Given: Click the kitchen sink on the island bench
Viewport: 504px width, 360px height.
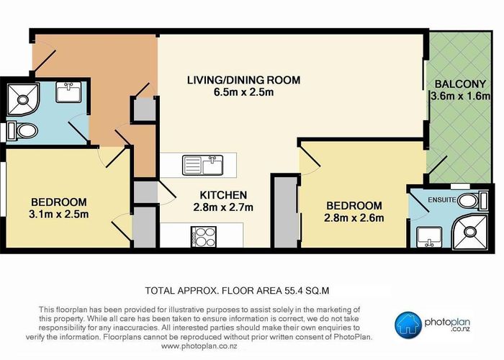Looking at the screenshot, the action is point(203,165).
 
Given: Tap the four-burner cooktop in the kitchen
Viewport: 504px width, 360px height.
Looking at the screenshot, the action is point(204,237).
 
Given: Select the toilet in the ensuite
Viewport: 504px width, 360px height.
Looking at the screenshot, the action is point(472,201).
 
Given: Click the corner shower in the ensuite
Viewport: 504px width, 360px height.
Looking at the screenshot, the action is point(470,231).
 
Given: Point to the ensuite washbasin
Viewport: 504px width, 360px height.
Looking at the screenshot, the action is point(429,237).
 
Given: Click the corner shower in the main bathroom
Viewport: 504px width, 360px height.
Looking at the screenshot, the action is point(23,99).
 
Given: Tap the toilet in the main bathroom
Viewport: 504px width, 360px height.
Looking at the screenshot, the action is point(22,131).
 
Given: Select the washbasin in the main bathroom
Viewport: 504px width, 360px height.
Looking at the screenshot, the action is point(68,92).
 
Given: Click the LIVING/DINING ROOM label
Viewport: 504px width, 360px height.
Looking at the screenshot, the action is point(243,80).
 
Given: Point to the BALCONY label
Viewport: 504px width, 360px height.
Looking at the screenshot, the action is point(460,84).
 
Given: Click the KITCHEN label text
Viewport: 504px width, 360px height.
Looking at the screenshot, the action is point(223,195).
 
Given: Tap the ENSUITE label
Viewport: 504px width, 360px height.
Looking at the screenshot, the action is point(442,200).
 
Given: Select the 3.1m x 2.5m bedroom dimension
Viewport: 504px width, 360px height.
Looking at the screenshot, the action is point(59,214).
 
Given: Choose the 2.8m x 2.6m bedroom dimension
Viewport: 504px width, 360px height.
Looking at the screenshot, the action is point(354,218).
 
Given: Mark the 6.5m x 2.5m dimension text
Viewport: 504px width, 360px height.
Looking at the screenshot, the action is point(243,92).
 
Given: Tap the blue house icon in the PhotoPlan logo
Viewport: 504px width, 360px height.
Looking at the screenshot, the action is point(408,325).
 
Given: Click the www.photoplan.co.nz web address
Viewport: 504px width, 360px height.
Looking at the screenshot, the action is point(199,346).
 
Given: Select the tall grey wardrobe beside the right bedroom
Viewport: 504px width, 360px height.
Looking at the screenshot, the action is point(285,212).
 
